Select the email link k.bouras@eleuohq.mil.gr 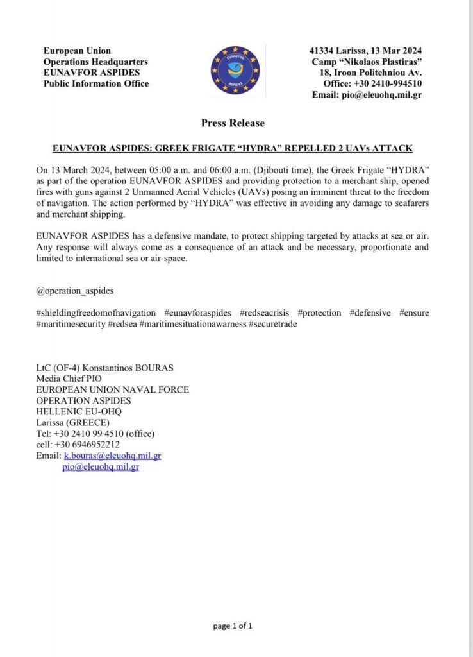(x=112, y=456)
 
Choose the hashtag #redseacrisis (x=267, y=312)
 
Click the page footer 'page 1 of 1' (x=233, y=626)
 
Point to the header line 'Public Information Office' (x=96, y=83)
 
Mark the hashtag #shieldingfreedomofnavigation (x=97, y=312)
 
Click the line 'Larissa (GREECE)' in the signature (x=73, y=422)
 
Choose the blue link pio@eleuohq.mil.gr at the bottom (x=101, y=467)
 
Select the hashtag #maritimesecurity (x=71, y=324)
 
